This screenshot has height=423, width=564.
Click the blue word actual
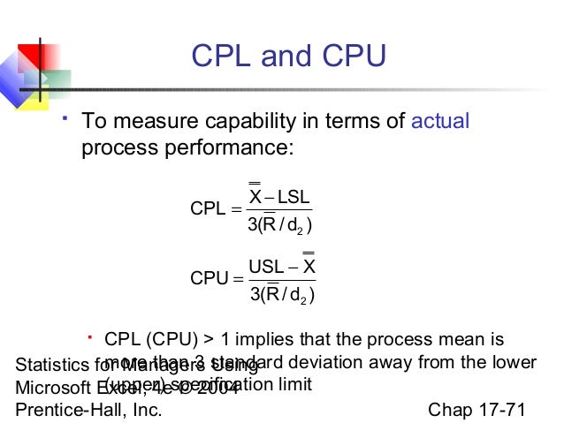(440, 121)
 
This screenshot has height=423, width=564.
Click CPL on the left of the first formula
(207, 208)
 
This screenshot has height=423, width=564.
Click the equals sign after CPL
(234, 209)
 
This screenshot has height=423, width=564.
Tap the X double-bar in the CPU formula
(309, 264)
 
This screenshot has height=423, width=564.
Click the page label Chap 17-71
(476, 409)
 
